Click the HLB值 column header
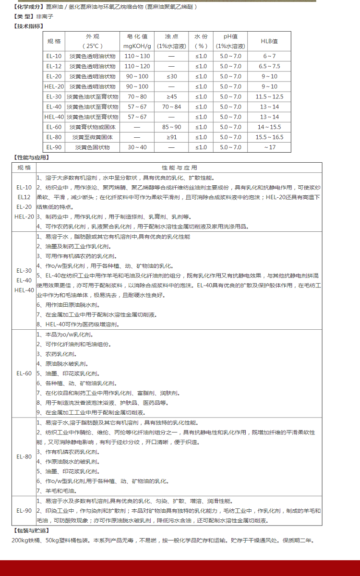tap(269, 41)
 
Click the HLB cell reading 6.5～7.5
tap(269, 66)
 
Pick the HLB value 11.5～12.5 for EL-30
tap(269, 96)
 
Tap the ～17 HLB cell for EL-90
tap(269, 147)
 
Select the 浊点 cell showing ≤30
tap(171, 76)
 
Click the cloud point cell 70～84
tap(171, 107)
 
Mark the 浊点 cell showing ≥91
tap(171, 137)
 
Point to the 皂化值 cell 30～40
tap(137, 147)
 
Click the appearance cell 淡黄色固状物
tap(92, 147)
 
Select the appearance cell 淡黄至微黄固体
tap(92, 137)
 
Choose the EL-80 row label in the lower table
tap(24, 456)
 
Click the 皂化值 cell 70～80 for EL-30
tap(137, 96)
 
